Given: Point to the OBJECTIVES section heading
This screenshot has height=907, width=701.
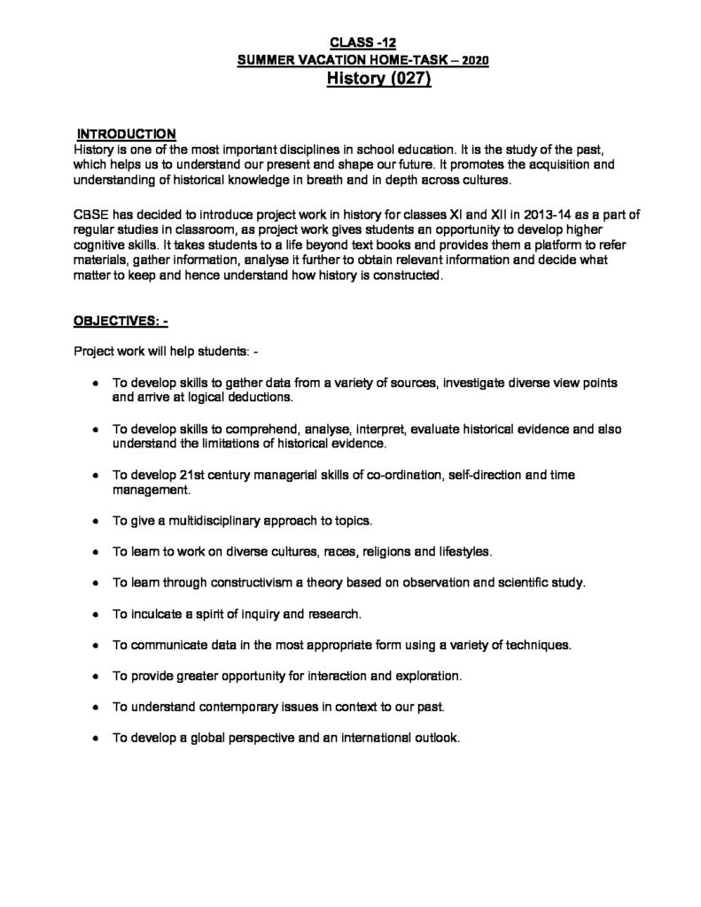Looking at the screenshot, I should pyautogui.click(x=121, y=322).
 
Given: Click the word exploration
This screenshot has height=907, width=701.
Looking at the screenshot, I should pyautogui.click(x=425, y=676).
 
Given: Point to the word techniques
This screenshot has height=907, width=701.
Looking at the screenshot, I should pyautogui.click(x=536, y=645).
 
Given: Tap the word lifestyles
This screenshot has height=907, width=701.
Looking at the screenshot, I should pyautogui.click(x=459, y=552).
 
